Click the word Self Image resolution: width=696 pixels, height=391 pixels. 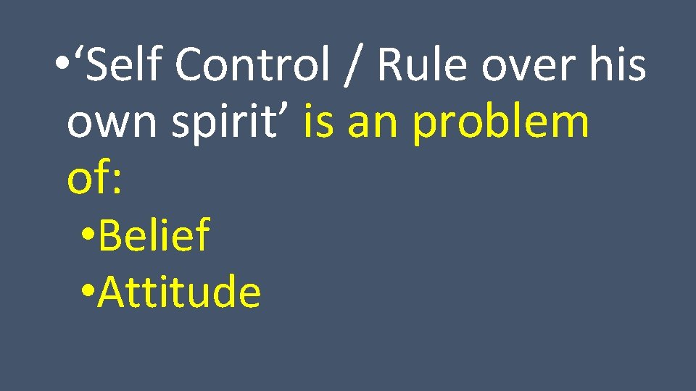tap(128, 64)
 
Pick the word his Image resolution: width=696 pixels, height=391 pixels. tap(621, 64)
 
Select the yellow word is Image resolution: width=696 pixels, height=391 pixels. tap(318, 121)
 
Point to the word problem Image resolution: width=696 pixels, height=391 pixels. tap(500, 121)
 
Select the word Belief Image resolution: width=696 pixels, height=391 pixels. tap(154, 235)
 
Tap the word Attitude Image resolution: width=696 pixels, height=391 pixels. tap(179, 292)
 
